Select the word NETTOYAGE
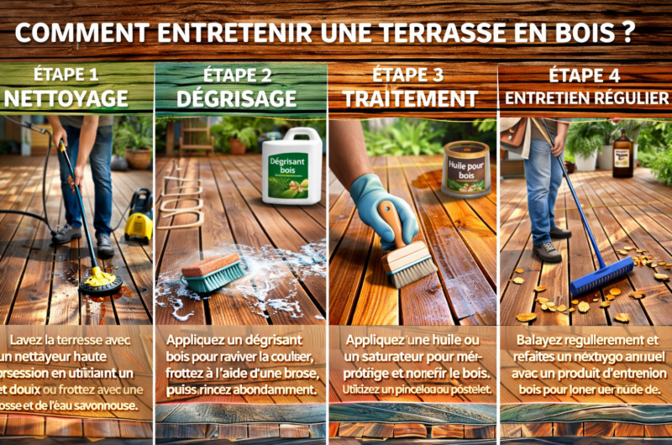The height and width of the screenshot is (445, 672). tap(66, 98)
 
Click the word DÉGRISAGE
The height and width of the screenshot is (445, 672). tap(238, 98)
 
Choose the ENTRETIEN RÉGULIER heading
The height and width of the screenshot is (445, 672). tap(587, 98)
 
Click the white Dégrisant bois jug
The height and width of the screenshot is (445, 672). tap(291, 166)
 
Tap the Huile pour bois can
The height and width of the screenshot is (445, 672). tap(467, 169)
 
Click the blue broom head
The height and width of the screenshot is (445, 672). tap(601, 276)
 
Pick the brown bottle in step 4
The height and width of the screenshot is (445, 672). tap(622, 154)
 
